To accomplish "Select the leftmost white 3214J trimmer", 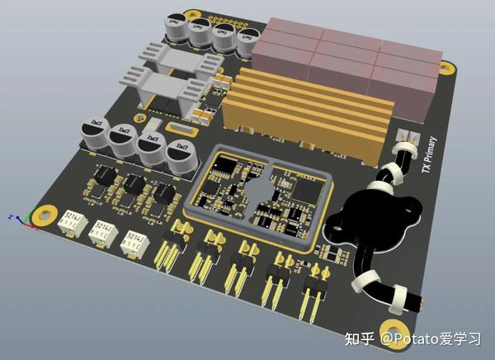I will [69, 220].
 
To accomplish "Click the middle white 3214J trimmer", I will [101, 230].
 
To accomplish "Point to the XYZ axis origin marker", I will [25, 220].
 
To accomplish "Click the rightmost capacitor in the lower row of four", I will [181, 156].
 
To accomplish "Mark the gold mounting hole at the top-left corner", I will [194, 15].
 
